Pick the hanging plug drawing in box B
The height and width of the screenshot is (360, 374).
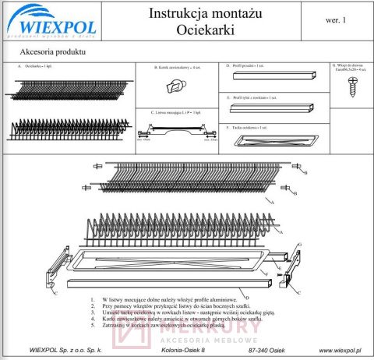(179, 88)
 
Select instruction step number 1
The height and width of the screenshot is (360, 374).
(93, 298)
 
